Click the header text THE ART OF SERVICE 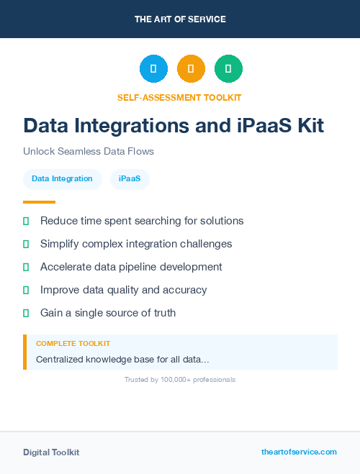click(x=180, y=19)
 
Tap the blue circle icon click(x=153, y=69)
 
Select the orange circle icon click(x=191, y=69)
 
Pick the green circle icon click(x=228, y=69)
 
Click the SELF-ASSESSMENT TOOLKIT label click(x=179, y=97)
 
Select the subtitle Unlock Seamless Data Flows click(x=89, y=152)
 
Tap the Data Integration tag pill click(x=62, y=178)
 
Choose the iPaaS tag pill click(x=130, y=178)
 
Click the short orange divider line click(x=39, y=202)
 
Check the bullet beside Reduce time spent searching click(x=26, y=221)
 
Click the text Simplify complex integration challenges click(x=136, y=244)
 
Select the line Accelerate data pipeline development click(x=131, y=267)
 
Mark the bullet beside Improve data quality click(x=26, y=290)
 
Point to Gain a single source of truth click(x=108, y=313)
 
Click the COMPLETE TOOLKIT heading click(x=73, y=344)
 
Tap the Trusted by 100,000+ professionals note click(x=180, y=379)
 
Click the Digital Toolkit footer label click(x=51, y=452)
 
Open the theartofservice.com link click(x=299, y=452)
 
